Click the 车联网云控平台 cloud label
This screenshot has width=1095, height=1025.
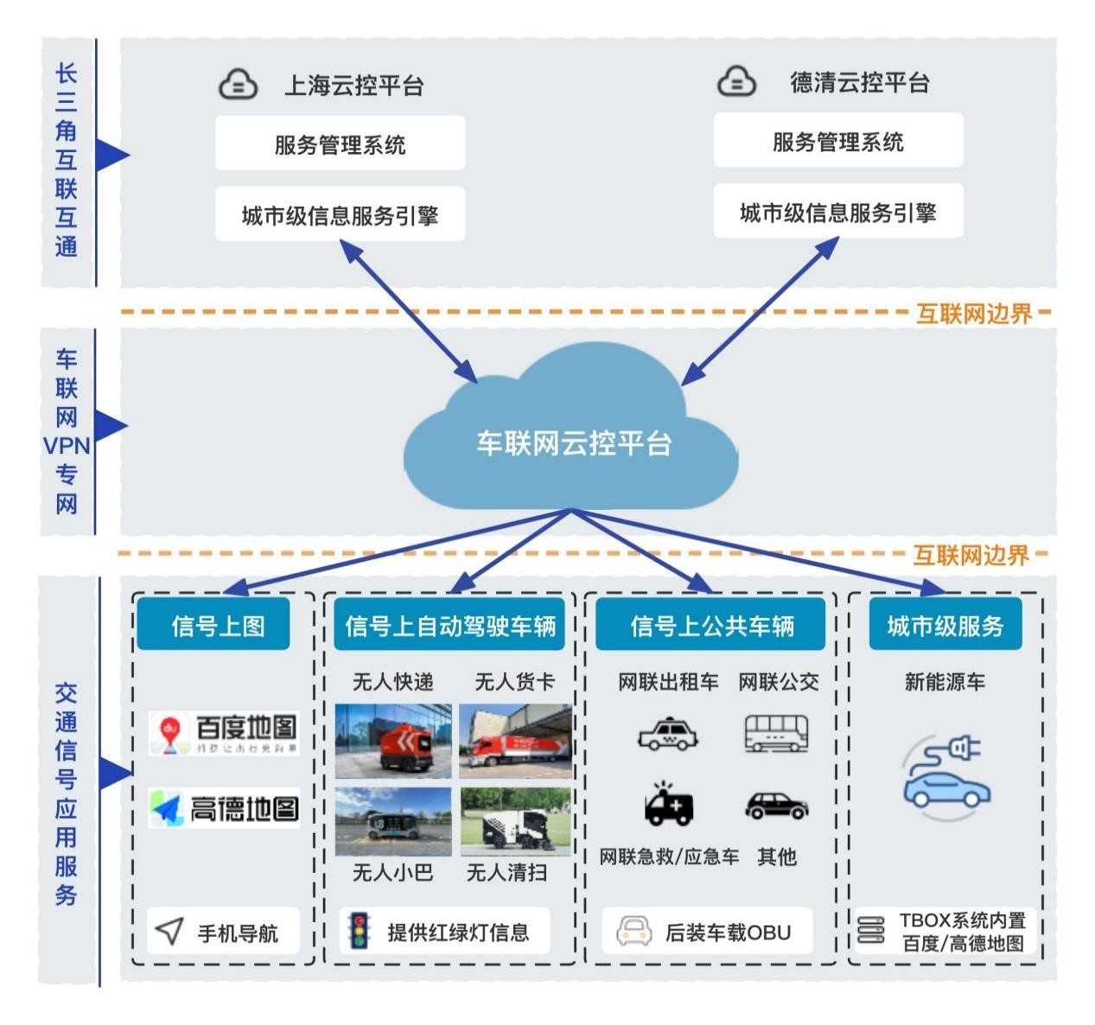click(x=574, y=443)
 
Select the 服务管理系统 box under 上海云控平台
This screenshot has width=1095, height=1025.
click(x=340, y=144)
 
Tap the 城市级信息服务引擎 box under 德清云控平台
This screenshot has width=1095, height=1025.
click(x=837, y=213)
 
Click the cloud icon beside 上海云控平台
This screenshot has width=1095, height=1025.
click(x=238, y=84)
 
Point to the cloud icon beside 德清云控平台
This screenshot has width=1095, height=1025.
click(x=736, y=81)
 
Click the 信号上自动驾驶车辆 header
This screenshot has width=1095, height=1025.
click(x=449, y=625)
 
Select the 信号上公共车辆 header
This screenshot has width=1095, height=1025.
click(x=711, y=625)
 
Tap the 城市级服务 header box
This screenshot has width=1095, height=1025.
click(x=945, y=625)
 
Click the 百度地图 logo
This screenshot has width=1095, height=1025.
click(x=225, y=733)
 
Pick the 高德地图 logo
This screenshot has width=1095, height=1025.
click(x=225, y=808)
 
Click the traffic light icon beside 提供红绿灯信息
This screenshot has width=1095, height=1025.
click(x=359, y=931)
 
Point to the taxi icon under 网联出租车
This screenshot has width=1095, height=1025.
click(x=666, y=734)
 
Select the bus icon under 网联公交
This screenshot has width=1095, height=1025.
click(x=776, y=733)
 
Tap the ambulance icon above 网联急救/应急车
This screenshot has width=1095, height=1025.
click(x=667, y=805)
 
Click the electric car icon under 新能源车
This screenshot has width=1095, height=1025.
click(x=945, y=774)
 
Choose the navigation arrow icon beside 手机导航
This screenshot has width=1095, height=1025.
click(x=169, y=931)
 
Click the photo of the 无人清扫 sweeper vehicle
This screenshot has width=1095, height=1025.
click(x=516, y=820)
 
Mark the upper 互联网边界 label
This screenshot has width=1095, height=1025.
click(x=974, y=313)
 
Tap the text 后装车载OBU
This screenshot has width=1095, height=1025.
click(x=728, y=933)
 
